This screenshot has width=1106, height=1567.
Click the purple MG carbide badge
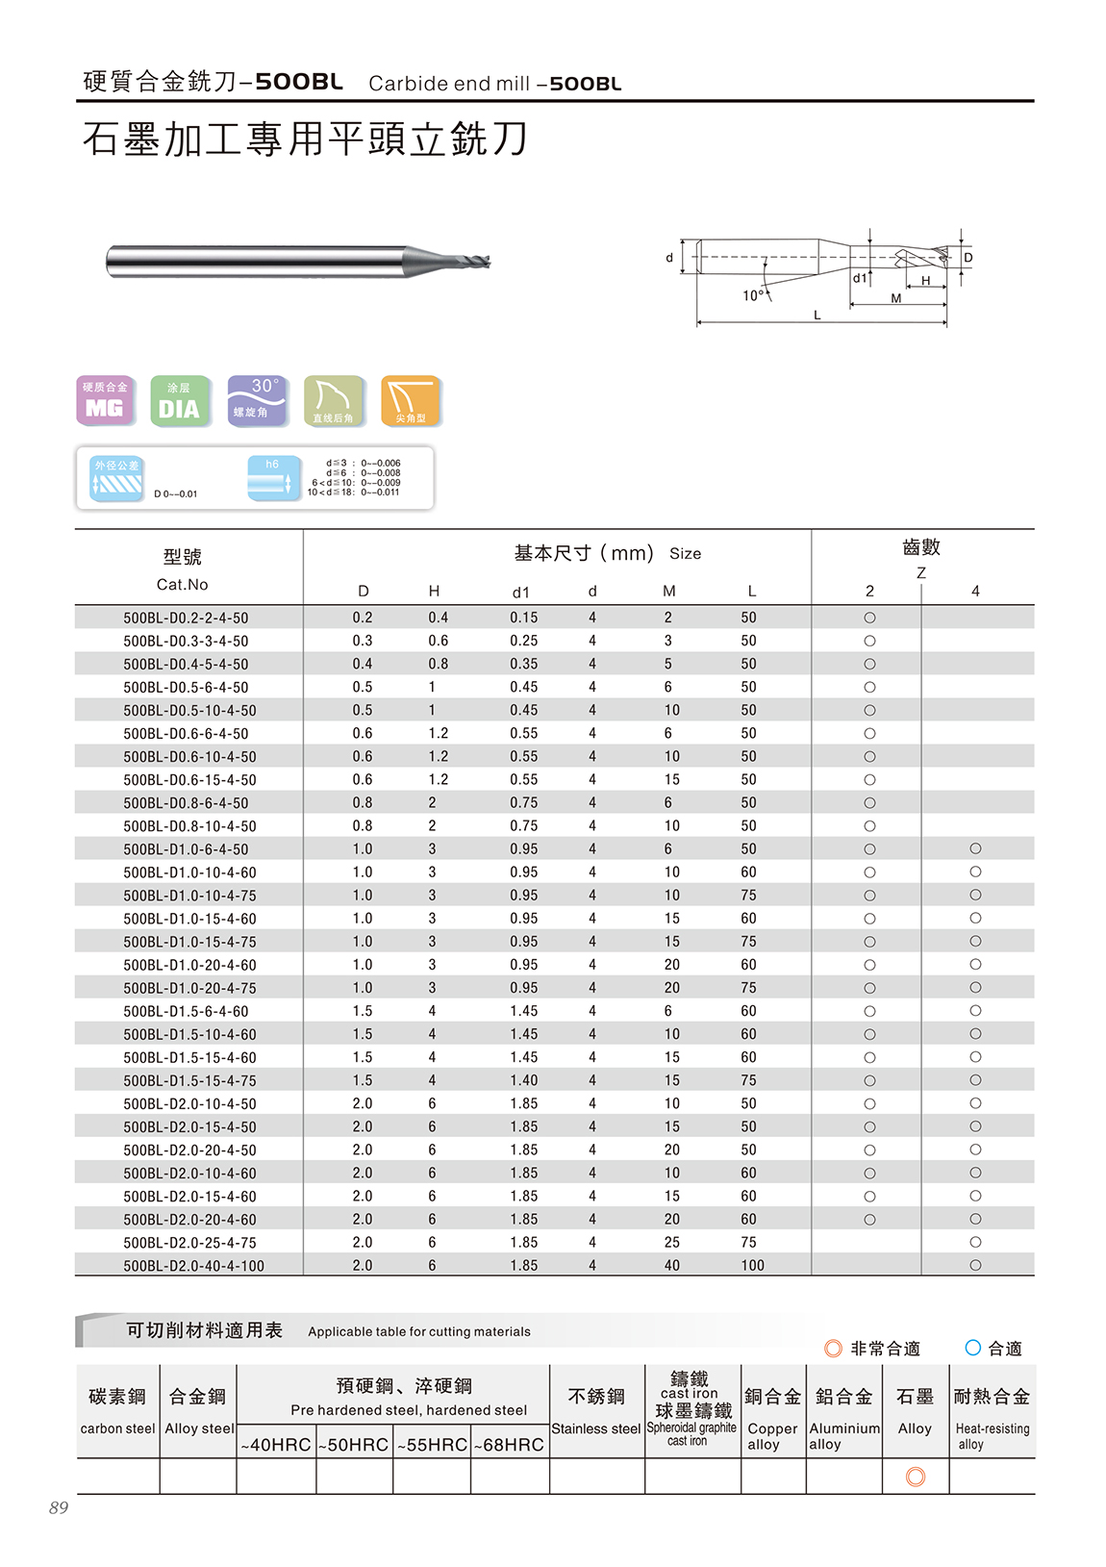click(105, 400)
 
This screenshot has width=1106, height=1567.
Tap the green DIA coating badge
click(180, 400)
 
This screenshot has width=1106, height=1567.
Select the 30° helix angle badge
click(257, 400)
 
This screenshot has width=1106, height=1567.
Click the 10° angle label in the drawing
click(753, 295)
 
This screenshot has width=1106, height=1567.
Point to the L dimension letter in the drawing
click(817, 315)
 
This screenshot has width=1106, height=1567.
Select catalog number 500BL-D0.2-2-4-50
click(186, 618)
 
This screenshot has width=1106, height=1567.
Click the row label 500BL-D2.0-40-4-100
click(193, 1266)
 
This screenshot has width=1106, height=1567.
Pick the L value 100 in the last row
click(752, 1266)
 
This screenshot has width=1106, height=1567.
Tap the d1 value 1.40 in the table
click(524, 1080)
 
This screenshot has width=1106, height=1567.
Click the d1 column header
click(520, 592)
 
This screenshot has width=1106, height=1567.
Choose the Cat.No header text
click(182, 584)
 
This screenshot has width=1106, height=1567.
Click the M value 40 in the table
click(671, 1266)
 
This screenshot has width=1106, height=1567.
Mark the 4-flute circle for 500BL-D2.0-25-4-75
click(975, 1242)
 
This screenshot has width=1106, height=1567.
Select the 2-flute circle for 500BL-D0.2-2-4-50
click(869, 618)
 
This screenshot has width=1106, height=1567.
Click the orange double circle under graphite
click(916, 1477)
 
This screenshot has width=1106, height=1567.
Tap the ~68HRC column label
click(510, 1445)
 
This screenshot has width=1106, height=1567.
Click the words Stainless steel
click(596, 1428)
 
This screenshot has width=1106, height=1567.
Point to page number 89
click(59, 1507)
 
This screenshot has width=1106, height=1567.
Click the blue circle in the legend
click(972, 1348)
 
